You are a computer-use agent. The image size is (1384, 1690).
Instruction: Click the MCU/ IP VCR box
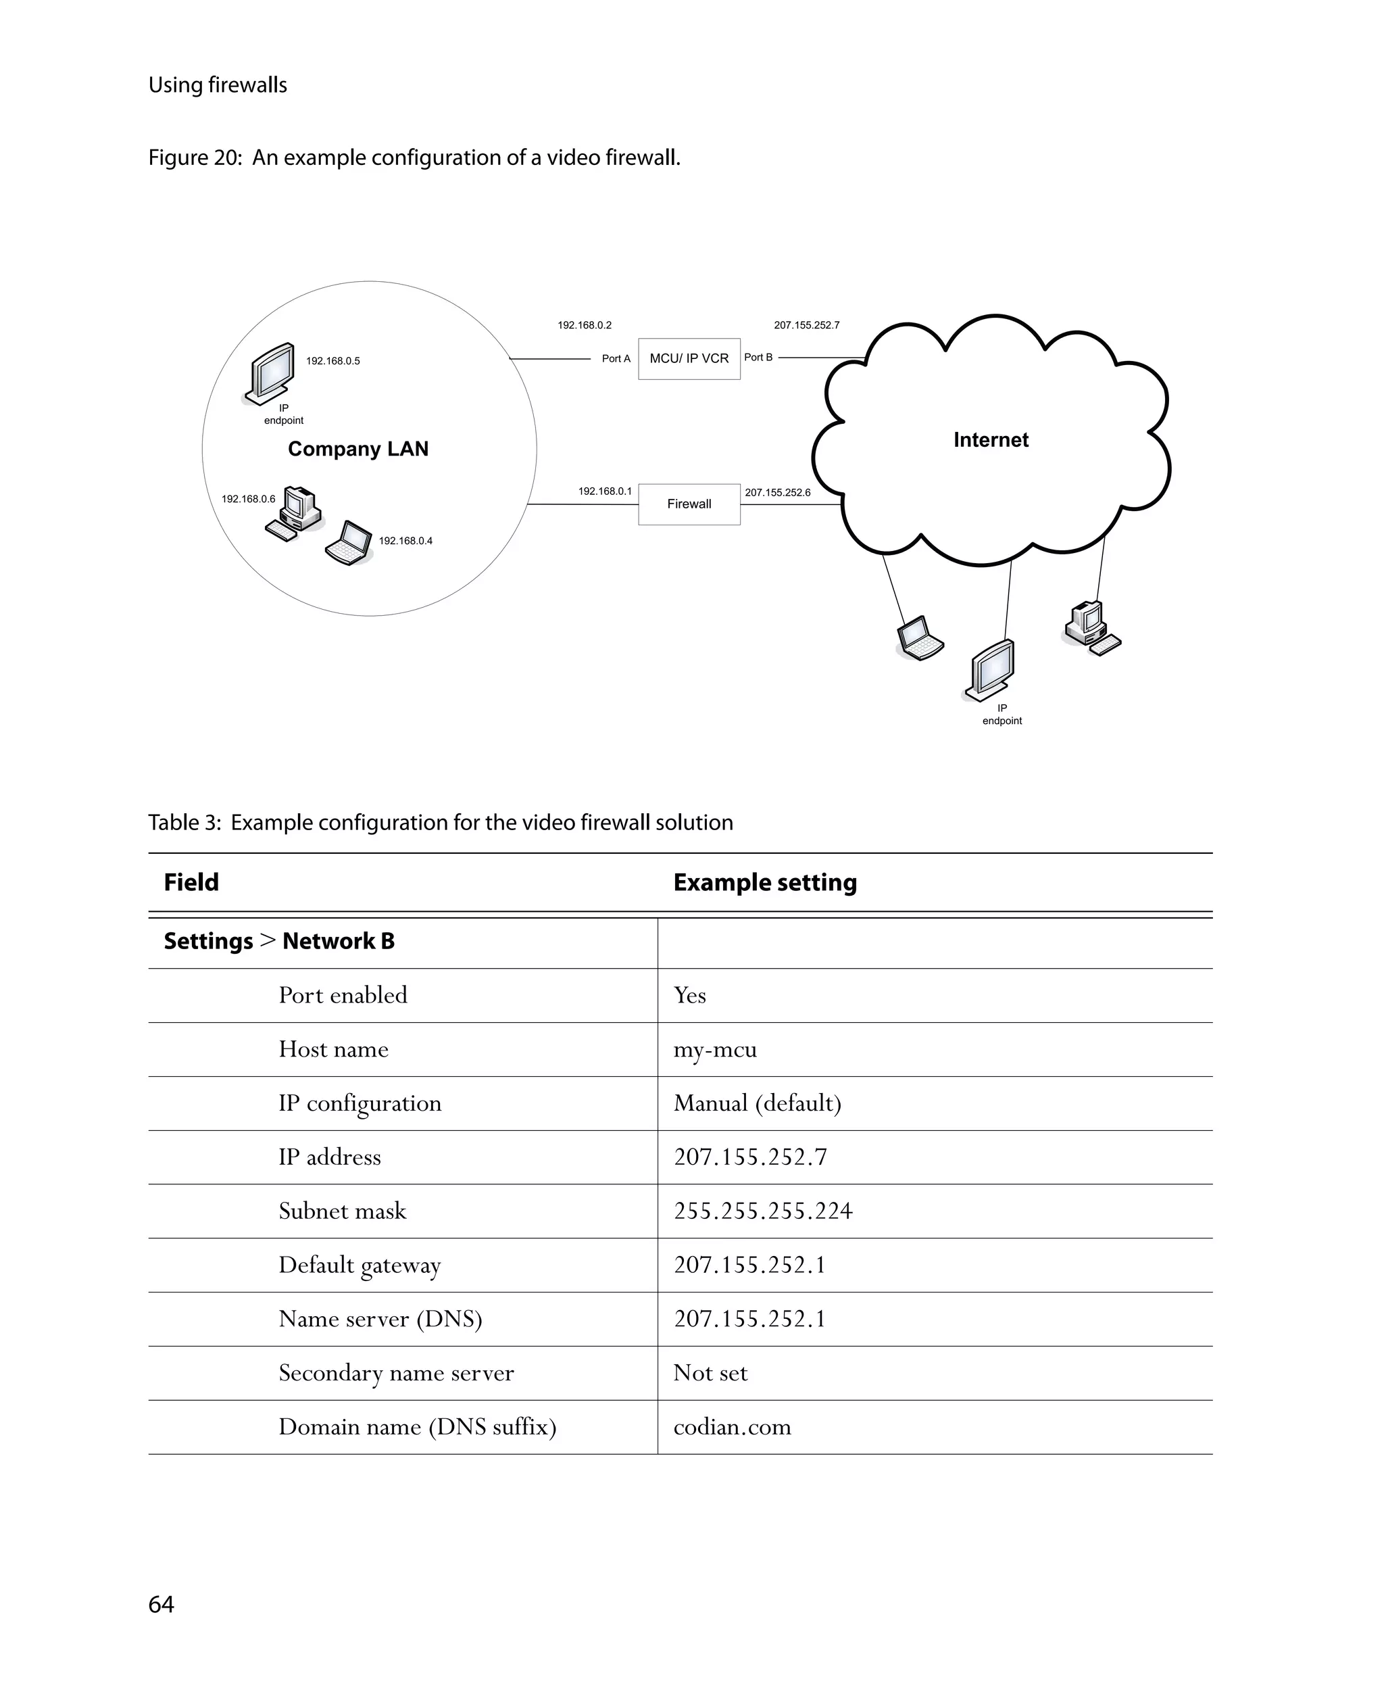click(x=689, y=359)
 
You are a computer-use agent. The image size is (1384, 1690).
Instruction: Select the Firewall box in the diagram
click(x=689, y=504)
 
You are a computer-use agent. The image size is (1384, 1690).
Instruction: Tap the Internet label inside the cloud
click(x=990, y=440)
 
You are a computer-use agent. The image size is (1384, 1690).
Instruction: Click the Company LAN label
click(x=358, y=449)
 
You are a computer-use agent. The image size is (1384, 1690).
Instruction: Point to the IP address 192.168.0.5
click(x=332, y=361)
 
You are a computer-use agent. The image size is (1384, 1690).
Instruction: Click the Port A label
click(x=616, y=359)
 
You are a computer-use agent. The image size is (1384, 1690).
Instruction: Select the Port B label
click(x=758, y=358)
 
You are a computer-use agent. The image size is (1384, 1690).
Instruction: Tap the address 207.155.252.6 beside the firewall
click(x=777, y=493)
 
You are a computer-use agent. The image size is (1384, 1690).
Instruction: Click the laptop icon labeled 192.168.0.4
click(x=349, y=543)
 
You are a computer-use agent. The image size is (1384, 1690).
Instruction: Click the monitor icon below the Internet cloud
click(x=990, y=670)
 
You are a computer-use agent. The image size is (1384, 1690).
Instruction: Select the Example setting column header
click(x=764, y=882)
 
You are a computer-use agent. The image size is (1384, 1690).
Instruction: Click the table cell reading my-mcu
click(x=714, y=1050)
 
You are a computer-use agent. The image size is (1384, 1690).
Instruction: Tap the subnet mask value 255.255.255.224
click(x=762, y=1211)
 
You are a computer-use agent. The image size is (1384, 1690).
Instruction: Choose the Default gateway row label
click(x=359, y=1265)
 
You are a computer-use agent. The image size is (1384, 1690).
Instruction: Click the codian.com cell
click(x=732, y=1427)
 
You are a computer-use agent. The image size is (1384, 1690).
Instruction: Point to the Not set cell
click(x=710, y=1374)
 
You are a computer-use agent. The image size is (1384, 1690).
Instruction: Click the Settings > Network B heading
click(x=279, y=941)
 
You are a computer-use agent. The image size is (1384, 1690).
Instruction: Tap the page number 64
click(x=161, y=1604)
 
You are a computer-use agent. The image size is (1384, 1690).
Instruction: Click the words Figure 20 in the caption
click(x=195, y=158)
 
